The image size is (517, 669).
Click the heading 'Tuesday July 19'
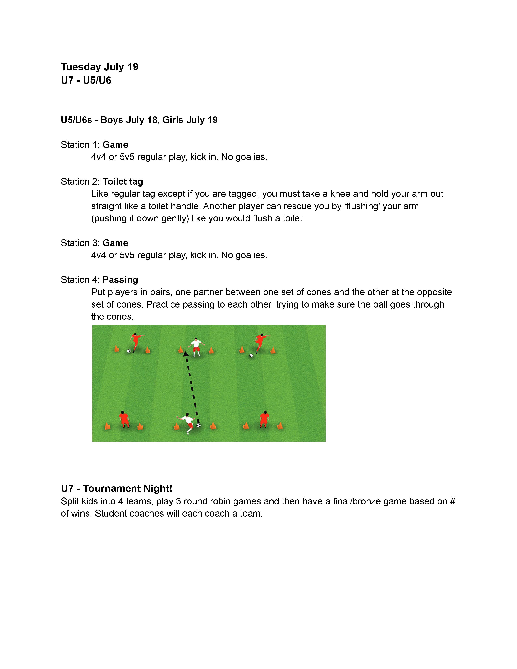[x=100, y=67]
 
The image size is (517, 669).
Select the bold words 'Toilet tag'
[x=123, y=182]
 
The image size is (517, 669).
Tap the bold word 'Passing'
[x=120, y=280]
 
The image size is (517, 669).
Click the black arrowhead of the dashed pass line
[x=186, y=354]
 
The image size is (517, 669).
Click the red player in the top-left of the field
[x=136, y=342]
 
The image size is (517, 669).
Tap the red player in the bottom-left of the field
[x=124, y=419]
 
